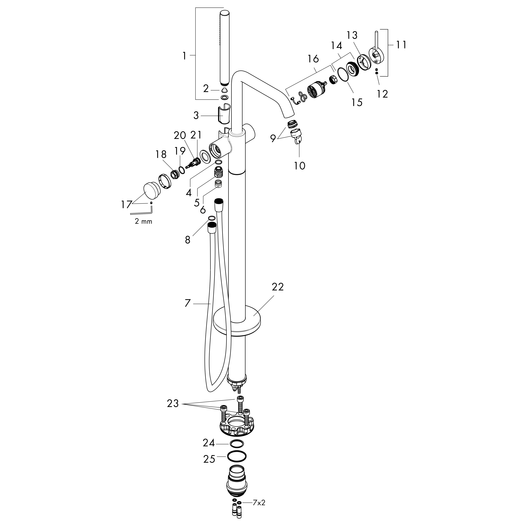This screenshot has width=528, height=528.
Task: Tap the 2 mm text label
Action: pos(143,221)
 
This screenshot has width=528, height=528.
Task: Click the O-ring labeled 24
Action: pos(237,443)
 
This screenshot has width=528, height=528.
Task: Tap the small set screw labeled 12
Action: pos(377,72)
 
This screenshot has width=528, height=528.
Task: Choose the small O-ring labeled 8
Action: pos(211,218)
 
